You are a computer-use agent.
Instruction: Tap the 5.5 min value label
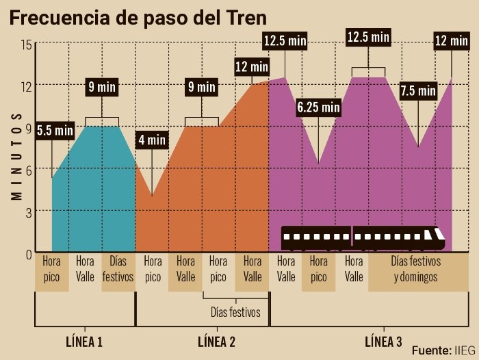(55, 129)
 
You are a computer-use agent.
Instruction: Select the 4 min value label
(152, 140)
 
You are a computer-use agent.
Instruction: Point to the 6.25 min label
(318, 107)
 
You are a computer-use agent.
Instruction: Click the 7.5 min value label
(418, 90)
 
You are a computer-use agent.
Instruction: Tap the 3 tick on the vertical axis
(29, 211)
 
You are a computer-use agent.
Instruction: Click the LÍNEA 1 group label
(84, 341)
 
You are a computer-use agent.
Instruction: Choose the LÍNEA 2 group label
(216, 341)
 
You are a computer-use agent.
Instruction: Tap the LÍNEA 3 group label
(383, 341)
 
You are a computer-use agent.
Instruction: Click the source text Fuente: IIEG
(443, 348)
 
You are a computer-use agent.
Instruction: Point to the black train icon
(363, 238)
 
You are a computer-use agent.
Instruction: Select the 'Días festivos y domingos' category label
(416, 269)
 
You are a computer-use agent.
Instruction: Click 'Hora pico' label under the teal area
(51, 269)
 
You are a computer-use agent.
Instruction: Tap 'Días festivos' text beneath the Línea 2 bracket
(236, 312)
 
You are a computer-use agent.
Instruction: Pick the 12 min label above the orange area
(251, 67)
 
